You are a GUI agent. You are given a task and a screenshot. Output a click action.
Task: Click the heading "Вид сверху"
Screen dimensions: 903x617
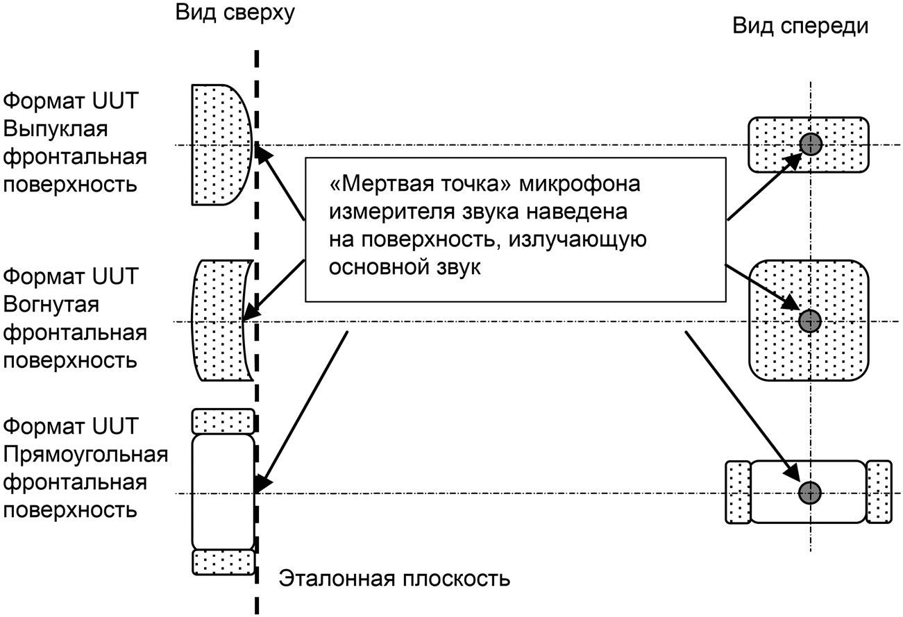tap(235, 13)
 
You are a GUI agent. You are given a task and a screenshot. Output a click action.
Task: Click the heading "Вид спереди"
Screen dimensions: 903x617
tap(800, 26)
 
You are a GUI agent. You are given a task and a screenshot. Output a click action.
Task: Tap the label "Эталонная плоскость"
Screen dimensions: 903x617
tap(394, 579)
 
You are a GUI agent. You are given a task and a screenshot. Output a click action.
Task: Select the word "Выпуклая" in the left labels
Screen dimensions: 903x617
tap(56, 129)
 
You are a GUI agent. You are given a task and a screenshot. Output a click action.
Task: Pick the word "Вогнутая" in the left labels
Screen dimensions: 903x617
tap(51, 304)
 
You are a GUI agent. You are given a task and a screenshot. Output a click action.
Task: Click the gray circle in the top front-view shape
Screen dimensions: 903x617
tap(811, 144)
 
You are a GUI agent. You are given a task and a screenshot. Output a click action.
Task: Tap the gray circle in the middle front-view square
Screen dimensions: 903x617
tap(810, 321)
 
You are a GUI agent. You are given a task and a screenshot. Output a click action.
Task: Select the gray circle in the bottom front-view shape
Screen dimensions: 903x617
tap(810, 493)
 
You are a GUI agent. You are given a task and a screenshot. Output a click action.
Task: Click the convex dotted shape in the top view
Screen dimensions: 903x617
tap(221, 145)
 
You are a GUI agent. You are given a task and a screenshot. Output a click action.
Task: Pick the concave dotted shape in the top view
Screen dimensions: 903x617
tap(220, 321)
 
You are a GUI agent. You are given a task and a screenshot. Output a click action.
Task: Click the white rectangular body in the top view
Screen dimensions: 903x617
tap(223, 492)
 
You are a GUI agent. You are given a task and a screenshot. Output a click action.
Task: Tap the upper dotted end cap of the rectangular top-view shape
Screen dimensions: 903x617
tap(223, 421)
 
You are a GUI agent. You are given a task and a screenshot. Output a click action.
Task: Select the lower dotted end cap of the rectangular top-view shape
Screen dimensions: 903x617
tap(223, 563)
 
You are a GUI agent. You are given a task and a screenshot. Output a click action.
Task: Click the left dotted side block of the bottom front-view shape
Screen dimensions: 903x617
tap(739, 492)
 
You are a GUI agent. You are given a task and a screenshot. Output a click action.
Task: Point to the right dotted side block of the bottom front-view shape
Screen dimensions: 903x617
tap(879, 492)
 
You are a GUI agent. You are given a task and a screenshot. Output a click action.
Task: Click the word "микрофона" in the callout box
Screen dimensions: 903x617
tap(580, 184)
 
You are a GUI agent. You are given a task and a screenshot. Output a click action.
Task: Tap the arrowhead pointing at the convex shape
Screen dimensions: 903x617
tap(263, 153)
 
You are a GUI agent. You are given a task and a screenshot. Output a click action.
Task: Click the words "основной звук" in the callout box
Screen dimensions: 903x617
tap(405, 267)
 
